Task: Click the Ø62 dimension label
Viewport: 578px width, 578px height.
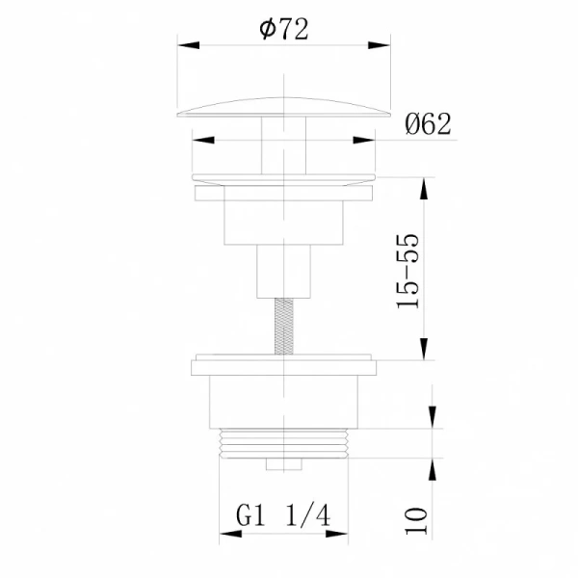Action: [x=429, y=124]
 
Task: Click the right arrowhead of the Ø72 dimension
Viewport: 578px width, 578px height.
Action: [x=386, y=45]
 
